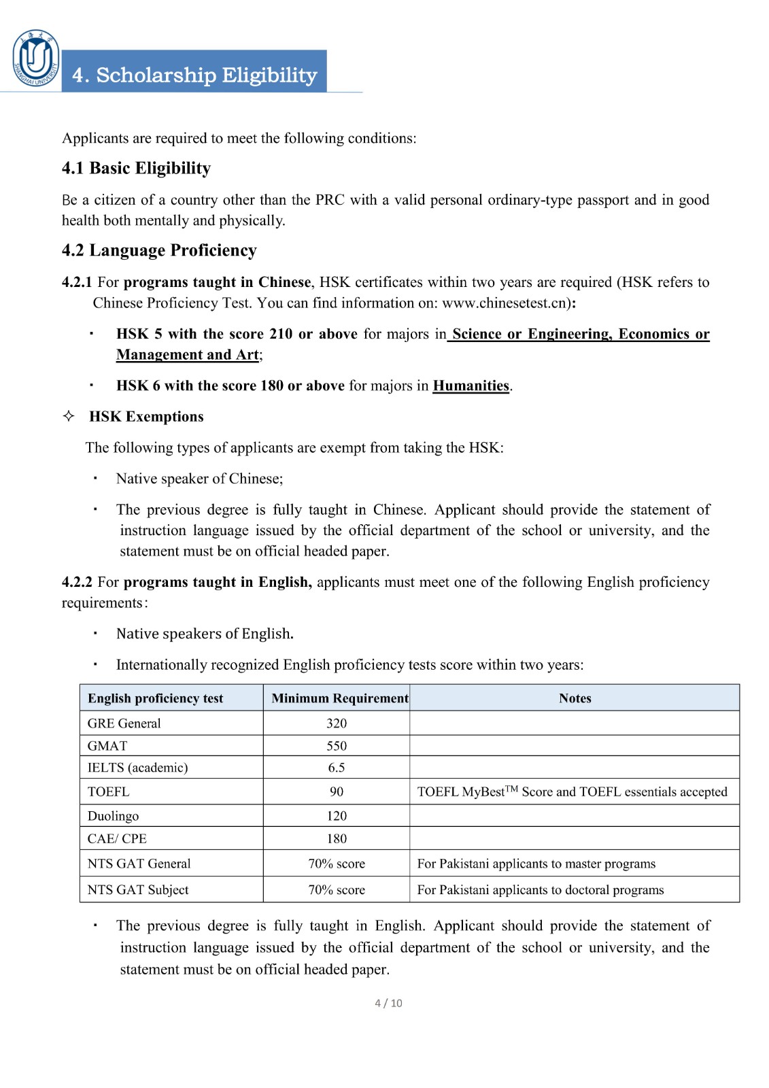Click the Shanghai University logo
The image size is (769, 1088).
[36, 58]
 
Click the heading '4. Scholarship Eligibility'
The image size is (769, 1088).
[194, 75]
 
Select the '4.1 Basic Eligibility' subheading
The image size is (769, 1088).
[136, 168]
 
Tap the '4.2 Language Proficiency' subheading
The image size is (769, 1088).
[159, 250]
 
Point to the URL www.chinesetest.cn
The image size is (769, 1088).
[505, 303]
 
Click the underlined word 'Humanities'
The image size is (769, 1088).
[471, 386]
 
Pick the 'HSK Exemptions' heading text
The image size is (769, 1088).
[146, 417]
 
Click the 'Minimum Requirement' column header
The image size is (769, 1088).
[339, 698]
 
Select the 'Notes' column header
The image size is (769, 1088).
[575, 698]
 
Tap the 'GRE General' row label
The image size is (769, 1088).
[124, 724]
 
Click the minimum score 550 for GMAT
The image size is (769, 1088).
[337, 746]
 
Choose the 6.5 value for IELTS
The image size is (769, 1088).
[337, 768]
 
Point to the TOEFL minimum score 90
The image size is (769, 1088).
[337, 792]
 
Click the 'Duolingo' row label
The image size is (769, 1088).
[113, 816]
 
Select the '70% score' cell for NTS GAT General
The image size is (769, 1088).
[337, 864]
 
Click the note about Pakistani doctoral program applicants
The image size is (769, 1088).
[540, 890]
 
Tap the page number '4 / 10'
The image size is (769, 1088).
[388, 1003]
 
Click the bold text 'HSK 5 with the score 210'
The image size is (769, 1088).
[204, 334]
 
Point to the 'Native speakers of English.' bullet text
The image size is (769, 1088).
[205, 634]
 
